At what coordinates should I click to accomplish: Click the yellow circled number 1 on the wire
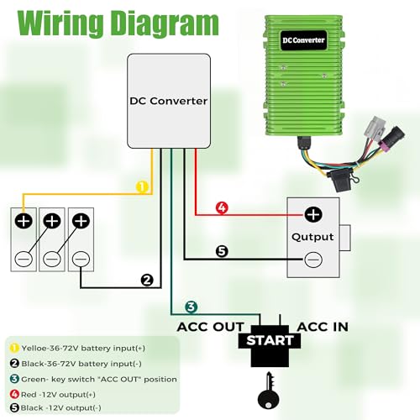point(142,186)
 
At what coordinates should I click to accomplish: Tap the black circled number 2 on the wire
point(147,280)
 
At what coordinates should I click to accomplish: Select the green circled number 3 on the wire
point(191,307)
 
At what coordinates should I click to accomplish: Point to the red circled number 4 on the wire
point(222,207)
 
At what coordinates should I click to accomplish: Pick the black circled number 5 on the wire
point(222,251)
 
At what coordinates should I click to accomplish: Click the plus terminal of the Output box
point(313,215)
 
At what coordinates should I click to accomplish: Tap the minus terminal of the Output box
point(313,260)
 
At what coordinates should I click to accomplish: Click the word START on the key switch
point(270,340)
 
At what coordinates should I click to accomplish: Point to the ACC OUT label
point(211,327)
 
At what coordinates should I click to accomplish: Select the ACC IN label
point(323,327)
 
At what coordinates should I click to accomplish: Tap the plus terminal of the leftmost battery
point(24,221)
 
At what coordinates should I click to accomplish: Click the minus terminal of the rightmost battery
point(81,259)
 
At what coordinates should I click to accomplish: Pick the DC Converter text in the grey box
point(169,101)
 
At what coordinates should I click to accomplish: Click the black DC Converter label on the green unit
point(303,40)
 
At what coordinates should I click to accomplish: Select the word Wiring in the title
point(60,24)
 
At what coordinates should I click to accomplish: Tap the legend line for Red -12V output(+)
point(53,395)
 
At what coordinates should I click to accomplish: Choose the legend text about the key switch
point(93,379)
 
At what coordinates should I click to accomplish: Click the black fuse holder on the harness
point(339,181)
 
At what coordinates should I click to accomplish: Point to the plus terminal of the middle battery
point(52,221)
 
